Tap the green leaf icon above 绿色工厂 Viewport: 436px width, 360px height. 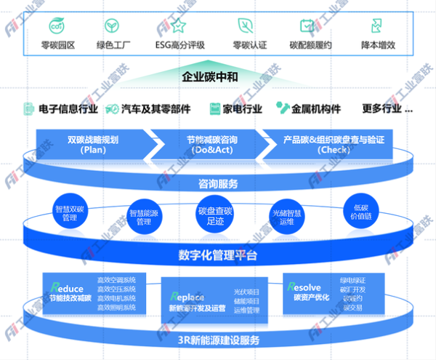(112, 26)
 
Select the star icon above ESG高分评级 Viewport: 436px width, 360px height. (179, 26)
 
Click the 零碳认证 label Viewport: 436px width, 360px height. (249, 45)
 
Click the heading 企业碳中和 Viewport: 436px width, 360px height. (210, 76)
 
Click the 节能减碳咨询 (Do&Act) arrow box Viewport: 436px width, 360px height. (207, 143)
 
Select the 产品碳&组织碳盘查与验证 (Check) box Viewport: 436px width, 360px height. (334, 143)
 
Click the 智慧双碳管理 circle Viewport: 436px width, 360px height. (70, 212)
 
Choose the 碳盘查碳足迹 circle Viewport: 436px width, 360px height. (215, 215)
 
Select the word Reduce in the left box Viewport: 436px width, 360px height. (67, 288)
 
